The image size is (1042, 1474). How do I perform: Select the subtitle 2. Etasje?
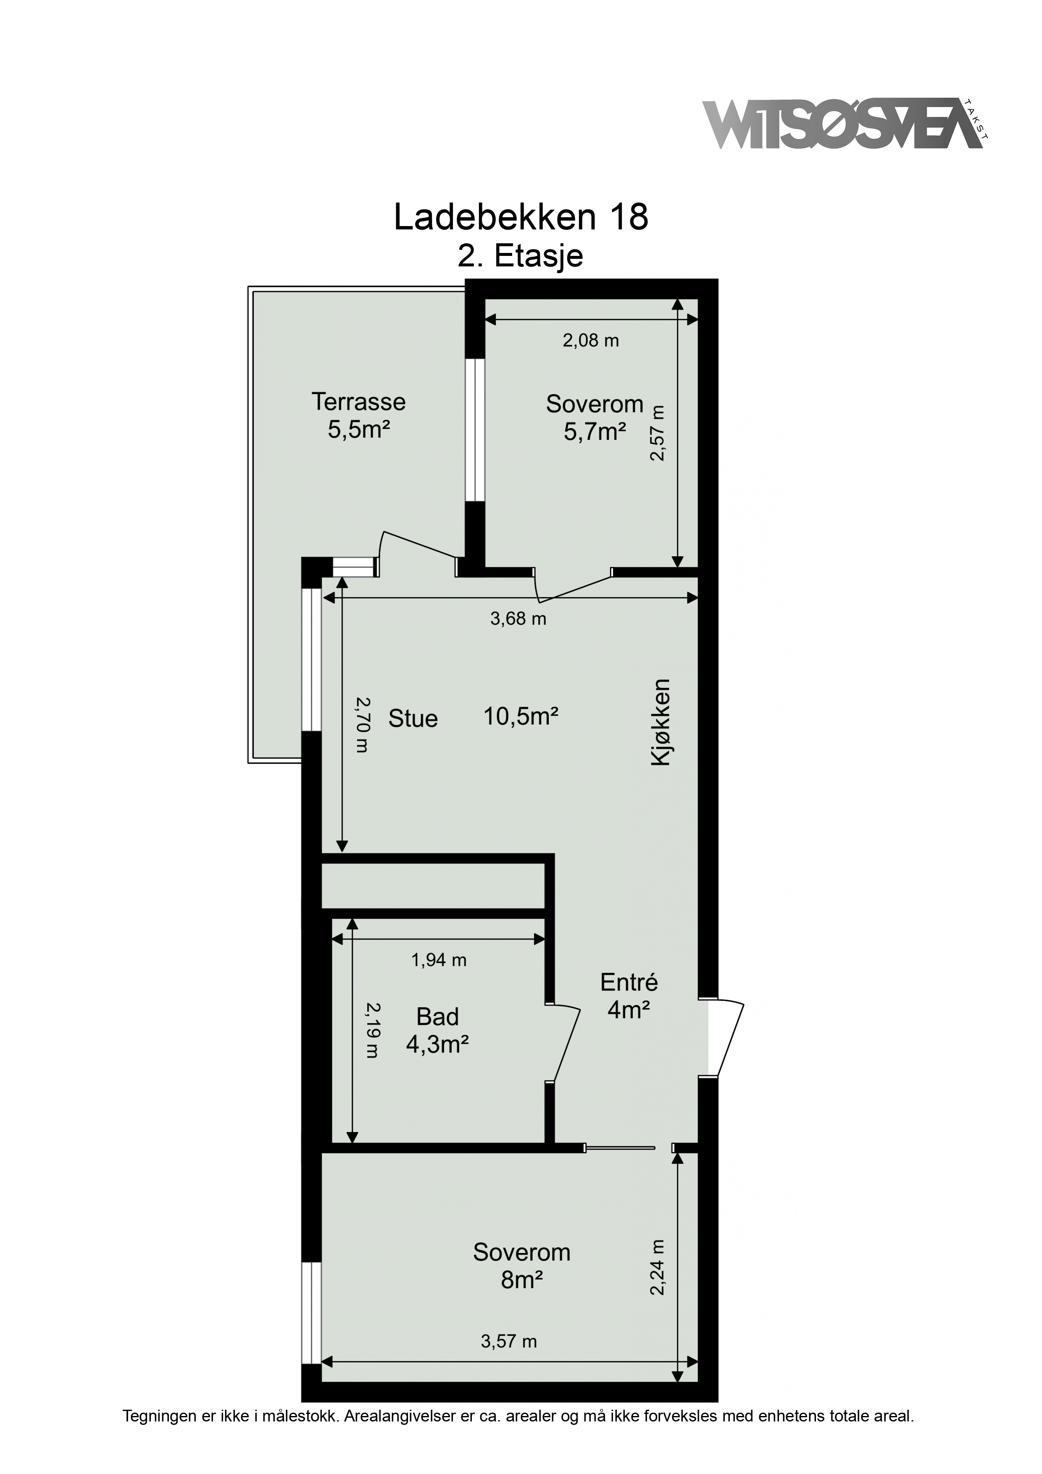520,256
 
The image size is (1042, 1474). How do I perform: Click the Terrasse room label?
359,402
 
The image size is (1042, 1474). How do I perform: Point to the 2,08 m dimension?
591,340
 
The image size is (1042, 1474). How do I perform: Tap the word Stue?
413,719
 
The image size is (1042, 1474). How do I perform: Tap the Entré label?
629,982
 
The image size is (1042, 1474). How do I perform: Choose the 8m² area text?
522,1280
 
